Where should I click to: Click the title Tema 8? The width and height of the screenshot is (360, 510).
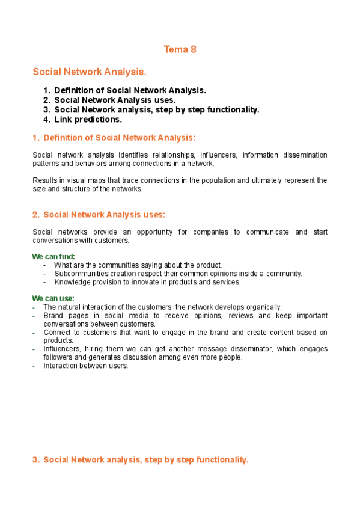tap(180, 49)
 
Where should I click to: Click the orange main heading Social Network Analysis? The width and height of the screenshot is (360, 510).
tap(90, 72)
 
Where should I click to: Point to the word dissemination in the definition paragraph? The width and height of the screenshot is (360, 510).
tap(305, 155)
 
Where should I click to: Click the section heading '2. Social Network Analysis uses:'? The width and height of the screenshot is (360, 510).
tap(99, 215)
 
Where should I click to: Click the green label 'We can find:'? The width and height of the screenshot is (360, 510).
tap(53, 257)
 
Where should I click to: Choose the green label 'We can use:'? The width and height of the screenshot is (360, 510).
tap(53, 298)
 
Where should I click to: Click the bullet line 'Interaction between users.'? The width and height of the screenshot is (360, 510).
tap(85, 366)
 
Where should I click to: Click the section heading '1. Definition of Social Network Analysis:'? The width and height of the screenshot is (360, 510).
tap(114, 138)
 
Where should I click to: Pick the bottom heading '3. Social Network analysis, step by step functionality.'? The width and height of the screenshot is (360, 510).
tap(140, 460)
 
